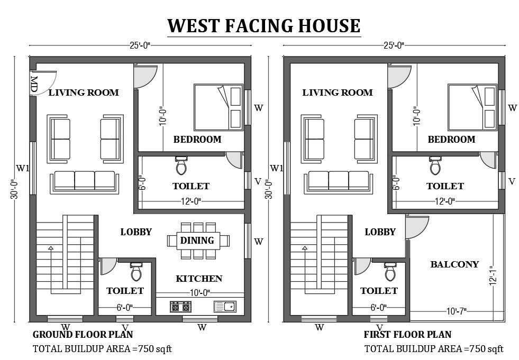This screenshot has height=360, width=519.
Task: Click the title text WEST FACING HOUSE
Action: coord(263,25)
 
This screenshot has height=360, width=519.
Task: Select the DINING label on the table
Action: coord(197,241)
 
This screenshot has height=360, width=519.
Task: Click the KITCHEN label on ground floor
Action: coord(199,279)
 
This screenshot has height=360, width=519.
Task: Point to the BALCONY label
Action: coord(454,264)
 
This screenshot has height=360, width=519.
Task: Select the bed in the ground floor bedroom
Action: coord(218,106)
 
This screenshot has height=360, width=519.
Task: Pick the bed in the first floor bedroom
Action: coord(472,106)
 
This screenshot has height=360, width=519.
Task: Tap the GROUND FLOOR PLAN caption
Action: coord(83,334)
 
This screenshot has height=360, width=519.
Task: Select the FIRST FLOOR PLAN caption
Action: coord(407,334)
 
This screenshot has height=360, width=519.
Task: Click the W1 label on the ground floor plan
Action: coord(22,169)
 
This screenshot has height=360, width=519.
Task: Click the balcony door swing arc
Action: coord(416,227)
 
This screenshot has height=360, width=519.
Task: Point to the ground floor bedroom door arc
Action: coord(144,77)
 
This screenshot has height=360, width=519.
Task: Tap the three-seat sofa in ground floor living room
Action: coord(85,181)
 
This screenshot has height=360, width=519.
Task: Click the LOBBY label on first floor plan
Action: coord(380,232)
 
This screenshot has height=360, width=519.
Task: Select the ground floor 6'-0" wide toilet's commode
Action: coord(136,272)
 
